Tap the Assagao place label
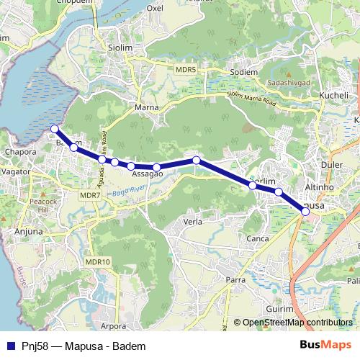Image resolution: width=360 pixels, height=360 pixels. pos(147,174)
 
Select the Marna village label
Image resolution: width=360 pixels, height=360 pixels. pos(146,108)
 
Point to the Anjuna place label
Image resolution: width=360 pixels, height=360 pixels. pos(29,232)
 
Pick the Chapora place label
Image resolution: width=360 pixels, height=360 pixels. pos(19,153)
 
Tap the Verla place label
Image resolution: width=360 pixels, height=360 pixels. pos(192,222)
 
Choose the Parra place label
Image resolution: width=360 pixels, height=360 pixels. pos(235,279)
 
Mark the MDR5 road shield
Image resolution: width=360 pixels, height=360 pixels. pos(186,68)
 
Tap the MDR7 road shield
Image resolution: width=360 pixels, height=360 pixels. pos(89,195)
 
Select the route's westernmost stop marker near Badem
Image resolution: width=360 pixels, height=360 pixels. pos(54,129)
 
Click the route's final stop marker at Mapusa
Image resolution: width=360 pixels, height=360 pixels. pos(305,211)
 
